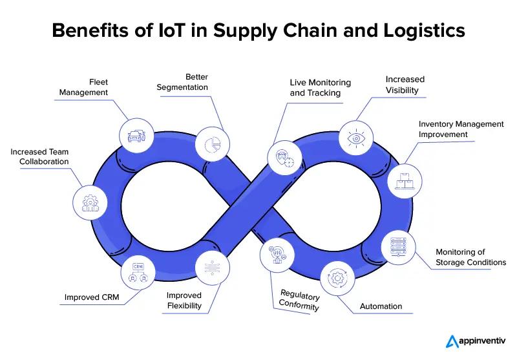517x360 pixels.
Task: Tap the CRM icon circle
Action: (138, 271)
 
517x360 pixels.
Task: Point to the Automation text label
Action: (381, 306)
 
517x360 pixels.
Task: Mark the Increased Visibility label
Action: (405, 85)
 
